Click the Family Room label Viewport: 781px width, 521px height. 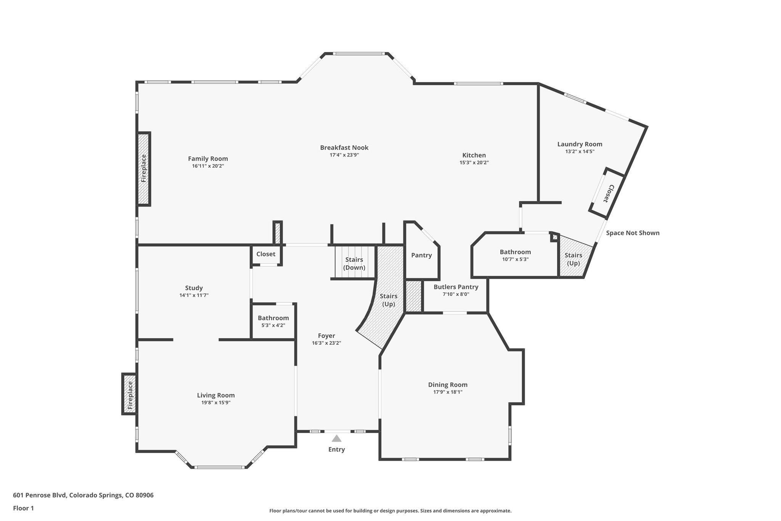tap(208, 159)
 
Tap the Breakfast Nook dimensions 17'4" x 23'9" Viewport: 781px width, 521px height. tap(344, 155)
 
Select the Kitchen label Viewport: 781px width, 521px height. tap(474, 155)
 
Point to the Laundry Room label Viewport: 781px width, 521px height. tap(580, 144)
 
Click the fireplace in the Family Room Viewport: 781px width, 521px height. tap(144, 169)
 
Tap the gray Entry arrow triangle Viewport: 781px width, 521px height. tap(336, 438)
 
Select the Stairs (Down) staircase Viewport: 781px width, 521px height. tap(354, 263)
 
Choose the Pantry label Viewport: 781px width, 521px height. tap(421, 255)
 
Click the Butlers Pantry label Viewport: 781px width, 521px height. tap(456, 287)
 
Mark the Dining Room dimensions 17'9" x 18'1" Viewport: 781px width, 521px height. tap(448, 392)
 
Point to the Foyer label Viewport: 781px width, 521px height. tap(326, 336)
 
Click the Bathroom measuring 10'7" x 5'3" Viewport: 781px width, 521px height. tap(515, 255)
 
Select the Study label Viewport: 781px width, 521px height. tap(194, 288)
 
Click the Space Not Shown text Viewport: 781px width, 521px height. tap(632, 233)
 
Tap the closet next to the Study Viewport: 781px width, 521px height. tap(266, 254)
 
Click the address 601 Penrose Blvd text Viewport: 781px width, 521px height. tap(83, 495)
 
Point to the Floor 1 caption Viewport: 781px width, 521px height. tap(23, 508)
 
